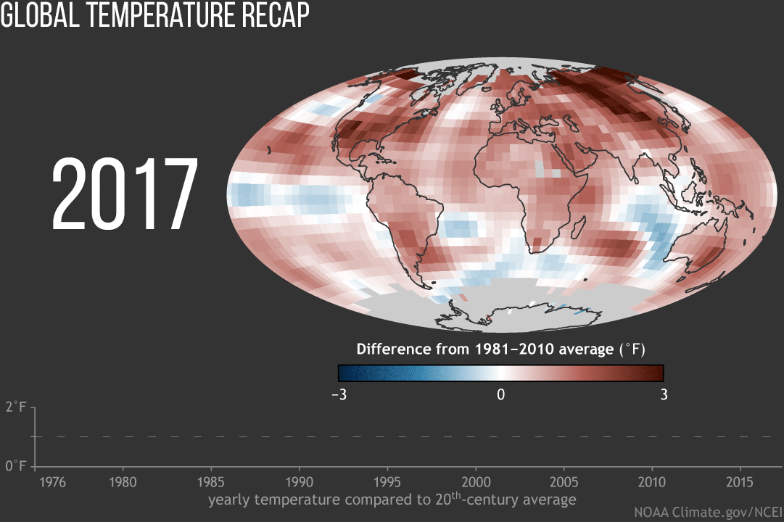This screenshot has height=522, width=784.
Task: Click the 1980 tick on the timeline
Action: pyautogui.click(x=123, y=482)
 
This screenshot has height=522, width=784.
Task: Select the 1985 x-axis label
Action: pyautogui.click(x=211, y=482)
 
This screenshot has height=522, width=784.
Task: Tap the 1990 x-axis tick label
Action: pyautogui.click(x=300, y=482)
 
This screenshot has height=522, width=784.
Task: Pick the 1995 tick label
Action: pyautogui.click(x=387, y=482)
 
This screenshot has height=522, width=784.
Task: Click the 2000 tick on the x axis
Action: pyautogui.click(x=476, y=482)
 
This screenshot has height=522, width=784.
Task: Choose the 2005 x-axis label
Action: pyautogui.click(x=564, y=482)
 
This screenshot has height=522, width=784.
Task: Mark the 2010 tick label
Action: pyautogui.click(x=651, y=482)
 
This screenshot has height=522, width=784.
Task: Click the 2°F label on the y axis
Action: pyautogui.click(x=16, y=407)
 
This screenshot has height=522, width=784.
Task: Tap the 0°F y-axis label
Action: pyautogui.click(x=16, y=465)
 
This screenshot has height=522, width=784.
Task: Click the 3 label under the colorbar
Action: pyautogui.click(x=664, y=395)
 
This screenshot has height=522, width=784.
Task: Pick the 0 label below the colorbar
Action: pyautogui.click(x=500, y=395)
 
